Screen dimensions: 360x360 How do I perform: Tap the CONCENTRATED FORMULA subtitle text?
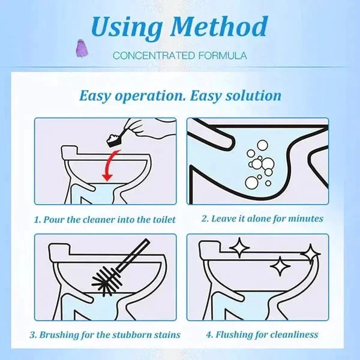[179, 56]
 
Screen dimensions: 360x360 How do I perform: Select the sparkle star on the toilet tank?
[239, 247]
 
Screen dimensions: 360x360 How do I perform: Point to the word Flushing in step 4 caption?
[233, 334]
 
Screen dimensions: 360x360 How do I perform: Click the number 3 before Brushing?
[36, 334]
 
